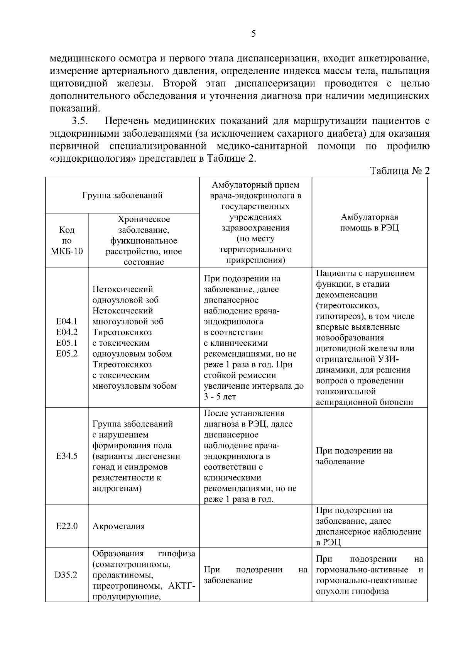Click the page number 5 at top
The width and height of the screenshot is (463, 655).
click(253, 34)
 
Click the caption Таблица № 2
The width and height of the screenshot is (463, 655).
click(400, 171)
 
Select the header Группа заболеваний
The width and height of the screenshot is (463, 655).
click(122, 195)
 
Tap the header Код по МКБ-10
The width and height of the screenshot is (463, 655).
click(67, 240)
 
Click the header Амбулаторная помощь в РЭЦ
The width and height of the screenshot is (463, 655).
click(369, 222)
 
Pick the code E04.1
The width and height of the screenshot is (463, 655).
click(67, 322)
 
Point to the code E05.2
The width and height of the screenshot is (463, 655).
click(67, 354)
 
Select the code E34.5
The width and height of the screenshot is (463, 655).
click(67, 456)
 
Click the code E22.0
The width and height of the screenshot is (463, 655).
click(67, 526)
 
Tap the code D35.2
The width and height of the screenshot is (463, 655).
click(66, 575)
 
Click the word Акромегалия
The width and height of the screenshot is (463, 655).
click(118, 526)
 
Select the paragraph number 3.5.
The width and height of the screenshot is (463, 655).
click(80, 121)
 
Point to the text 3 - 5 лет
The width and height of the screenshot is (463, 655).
click(220, 397)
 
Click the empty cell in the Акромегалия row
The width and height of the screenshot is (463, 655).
click(255, 526)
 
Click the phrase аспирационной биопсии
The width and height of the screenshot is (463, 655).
click(364, 402)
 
